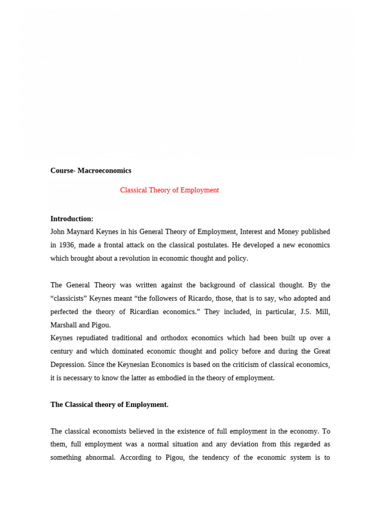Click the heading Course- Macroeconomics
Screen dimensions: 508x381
(x=91, y=171)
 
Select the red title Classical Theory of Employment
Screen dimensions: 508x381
(x=169, y=190)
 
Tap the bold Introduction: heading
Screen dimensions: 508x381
(x=72, y=219)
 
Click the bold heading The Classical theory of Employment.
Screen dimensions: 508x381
(x=109, y=405)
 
